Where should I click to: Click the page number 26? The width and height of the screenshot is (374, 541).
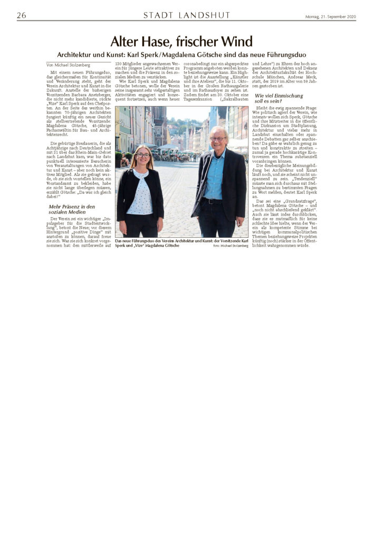[x=22, y=15]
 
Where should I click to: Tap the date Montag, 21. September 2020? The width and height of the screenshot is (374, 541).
[x=330, y=16]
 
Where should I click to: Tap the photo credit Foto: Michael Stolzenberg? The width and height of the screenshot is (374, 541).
[x=231, y=246]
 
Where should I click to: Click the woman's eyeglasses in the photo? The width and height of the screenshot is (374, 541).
[x=143, y=155]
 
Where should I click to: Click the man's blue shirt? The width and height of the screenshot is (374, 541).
[x=215, y=174]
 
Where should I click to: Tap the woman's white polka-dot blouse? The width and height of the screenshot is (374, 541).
[x=143, y=195]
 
